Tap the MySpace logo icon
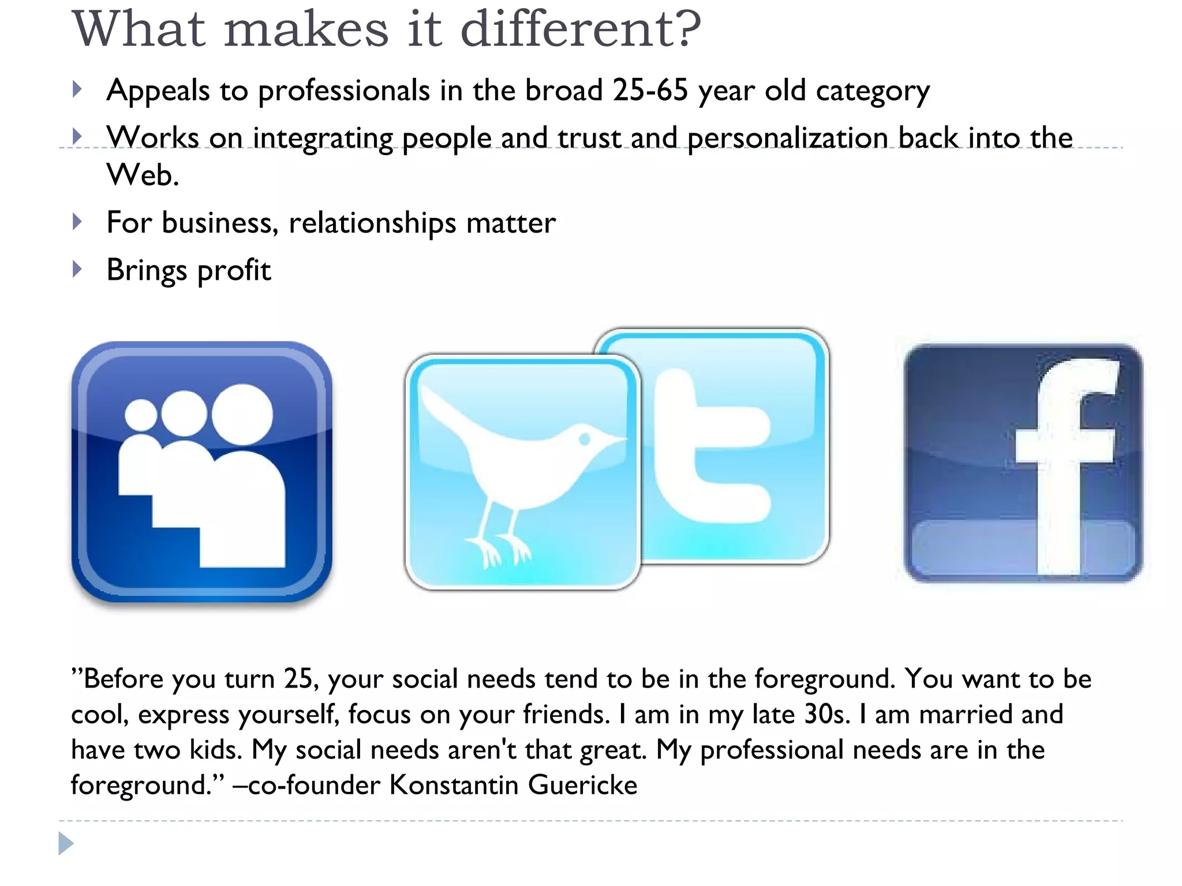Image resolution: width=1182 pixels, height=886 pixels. [x=201, y=472]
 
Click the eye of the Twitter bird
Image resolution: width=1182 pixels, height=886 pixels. [x=584, y=440]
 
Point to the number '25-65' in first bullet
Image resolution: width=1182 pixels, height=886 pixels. [x=650, y=91]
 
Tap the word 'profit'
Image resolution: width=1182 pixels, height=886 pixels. [x=234, y=271]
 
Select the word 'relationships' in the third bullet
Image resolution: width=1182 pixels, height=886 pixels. [x=372, y=224]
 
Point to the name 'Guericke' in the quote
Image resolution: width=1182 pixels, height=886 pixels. [x=582, y=785]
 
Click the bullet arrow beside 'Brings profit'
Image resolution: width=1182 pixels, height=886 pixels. [x=77, y=269]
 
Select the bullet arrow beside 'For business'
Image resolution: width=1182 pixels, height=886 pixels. [x=77, y=222]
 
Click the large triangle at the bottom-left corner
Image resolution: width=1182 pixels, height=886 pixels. [x=66, y=843]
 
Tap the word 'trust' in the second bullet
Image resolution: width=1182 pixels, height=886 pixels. [x=589, y=138]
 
